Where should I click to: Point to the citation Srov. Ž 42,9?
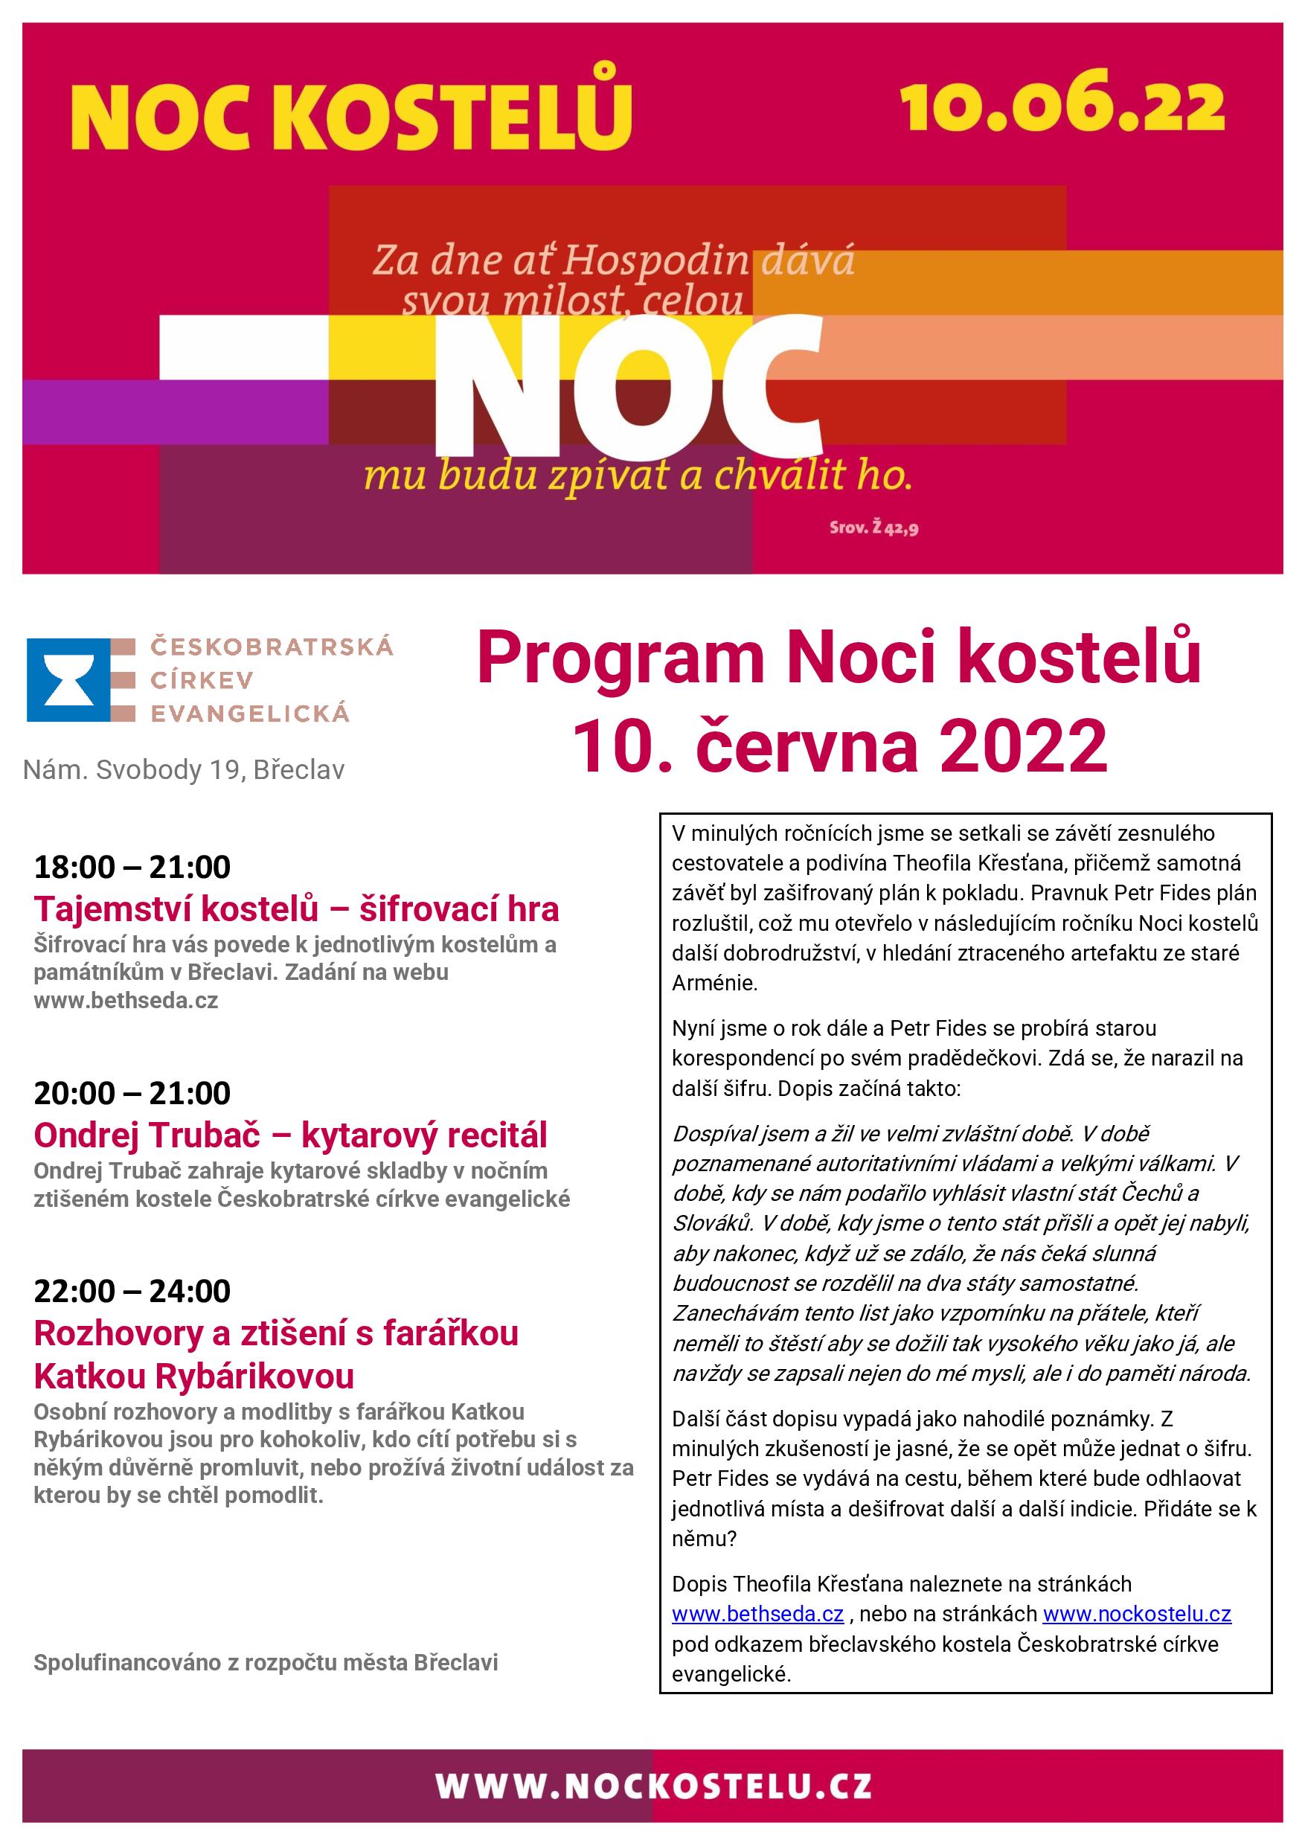click(x=874, y=529)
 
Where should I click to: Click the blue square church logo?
click(x=68, y=679)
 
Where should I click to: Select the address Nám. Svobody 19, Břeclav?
click(x=183, y=770)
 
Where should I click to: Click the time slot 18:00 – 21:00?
click(x=132, y=868)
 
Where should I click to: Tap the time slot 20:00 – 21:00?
click(x=132, y=1094)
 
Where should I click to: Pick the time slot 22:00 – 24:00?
click(x=132, y=1291)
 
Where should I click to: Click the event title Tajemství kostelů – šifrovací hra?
click(x=296, y=909)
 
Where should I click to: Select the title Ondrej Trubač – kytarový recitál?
click(x=290, y=1135)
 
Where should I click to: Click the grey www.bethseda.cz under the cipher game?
click(x=126, y=1001)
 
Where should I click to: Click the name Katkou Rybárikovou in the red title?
click(x=193, y=1377)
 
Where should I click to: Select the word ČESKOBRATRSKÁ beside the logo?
click(x=272, y=647)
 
